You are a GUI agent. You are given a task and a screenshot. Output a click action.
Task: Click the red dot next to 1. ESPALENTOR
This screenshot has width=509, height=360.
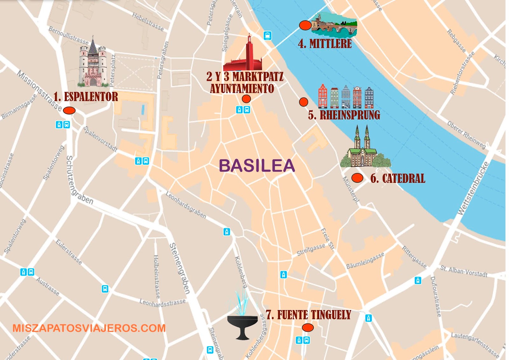coord(69,110)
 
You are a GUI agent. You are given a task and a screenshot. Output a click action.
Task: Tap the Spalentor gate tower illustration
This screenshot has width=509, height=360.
coord(93,64)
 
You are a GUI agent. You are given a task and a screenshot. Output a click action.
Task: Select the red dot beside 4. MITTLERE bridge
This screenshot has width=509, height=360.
coord(305,25)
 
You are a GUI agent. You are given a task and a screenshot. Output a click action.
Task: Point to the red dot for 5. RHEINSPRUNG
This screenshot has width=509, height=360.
coord(303,102)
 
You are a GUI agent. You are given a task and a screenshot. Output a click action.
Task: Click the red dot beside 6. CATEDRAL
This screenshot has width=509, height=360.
coord(357,178)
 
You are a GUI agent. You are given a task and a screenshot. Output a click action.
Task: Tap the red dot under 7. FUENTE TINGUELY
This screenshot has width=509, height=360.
coord(308,327)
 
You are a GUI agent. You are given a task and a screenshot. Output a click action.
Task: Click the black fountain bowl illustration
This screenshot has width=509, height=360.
coord(243,326)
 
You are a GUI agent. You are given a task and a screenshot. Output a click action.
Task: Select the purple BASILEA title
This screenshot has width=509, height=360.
coord(257,166)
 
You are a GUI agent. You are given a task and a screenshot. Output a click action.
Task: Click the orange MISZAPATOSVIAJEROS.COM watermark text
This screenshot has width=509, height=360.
coord(89,328)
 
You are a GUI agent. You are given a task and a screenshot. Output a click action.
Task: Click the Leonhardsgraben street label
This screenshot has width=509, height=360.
coord(186,205)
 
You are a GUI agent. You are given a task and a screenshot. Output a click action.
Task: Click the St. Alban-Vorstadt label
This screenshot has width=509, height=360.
coord(464,271)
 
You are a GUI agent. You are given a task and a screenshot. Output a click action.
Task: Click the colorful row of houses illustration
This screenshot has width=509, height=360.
coord(346,97)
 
